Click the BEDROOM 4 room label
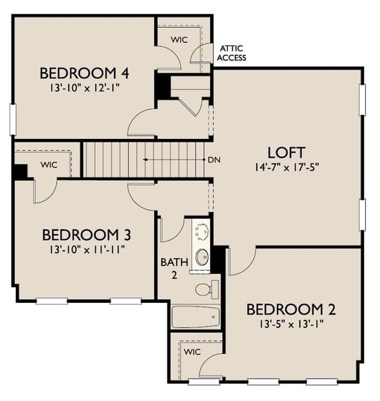coord(84,74)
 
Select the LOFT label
coord(286,152)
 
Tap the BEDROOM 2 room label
coord(291,309)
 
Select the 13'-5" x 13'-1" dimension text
coord(291,322)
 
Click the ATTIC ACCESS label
coord(232,53)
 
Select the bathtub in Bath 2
coord(195,317)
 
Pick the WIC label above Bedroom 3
coord(49,165)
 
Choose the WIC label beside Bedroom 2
coord(191,352)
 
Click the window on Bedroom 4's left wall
coord(12,119)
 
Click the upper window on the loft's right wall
coord(362,97)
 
